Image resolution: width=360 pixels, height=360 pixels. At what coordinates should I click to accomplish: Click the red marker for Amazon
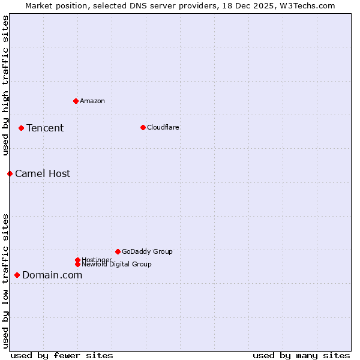point(76,101)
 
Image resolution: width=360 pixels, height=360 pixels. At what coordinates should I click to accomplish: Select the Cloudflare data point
point(143,127)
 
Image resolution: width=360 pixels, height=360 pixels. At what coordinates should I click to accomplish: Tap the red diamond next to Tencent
point(21,128)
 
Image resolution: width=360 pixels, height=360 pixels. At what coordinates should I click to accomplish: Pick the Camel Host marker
point(10,173)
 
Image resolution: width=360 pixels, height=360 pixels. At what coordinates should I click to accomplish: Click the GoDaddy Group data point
point(118,251)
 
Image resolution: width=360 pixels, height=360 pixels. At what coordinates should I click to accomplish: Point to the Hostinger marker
point(77,260)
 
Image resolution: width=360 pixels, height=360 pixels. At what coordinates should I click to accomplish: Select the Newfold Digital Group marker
point(77,264)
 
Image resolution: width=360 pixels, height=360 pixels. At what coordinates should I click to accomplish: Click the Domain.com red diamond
point(17,275)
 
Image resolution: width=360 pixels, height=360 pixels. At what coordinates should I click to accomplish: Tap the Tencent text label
point(45,128)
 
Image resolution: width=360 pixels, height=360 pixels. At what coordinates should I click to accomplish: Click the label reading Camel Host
point(43,173)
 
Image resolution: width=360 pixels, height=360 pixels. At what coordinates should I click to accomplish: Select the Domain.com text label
point(52,275)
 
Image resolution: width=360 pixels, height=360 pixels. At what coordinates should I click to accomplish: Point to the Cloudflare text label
point(163,127)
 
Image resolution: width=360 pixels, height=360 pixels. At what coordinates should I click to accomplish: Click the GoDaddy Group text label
point(147,251)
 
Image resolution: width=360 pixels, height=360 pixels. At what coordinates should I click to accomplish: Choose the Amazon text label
point(92,101)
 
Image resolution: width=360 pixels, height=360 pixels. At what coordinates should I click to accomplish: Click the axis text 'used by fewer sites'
point(62,355)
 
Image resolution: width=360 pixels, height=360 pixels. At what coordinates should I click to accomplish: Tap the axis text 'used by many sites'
point(301,355)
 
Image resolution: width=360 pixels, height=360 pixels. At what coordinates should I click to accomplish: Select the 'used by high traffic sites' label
point(5,85)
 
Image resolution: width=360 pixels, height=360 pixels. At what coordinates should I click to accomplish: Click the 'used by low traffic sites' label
point(5,280)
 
